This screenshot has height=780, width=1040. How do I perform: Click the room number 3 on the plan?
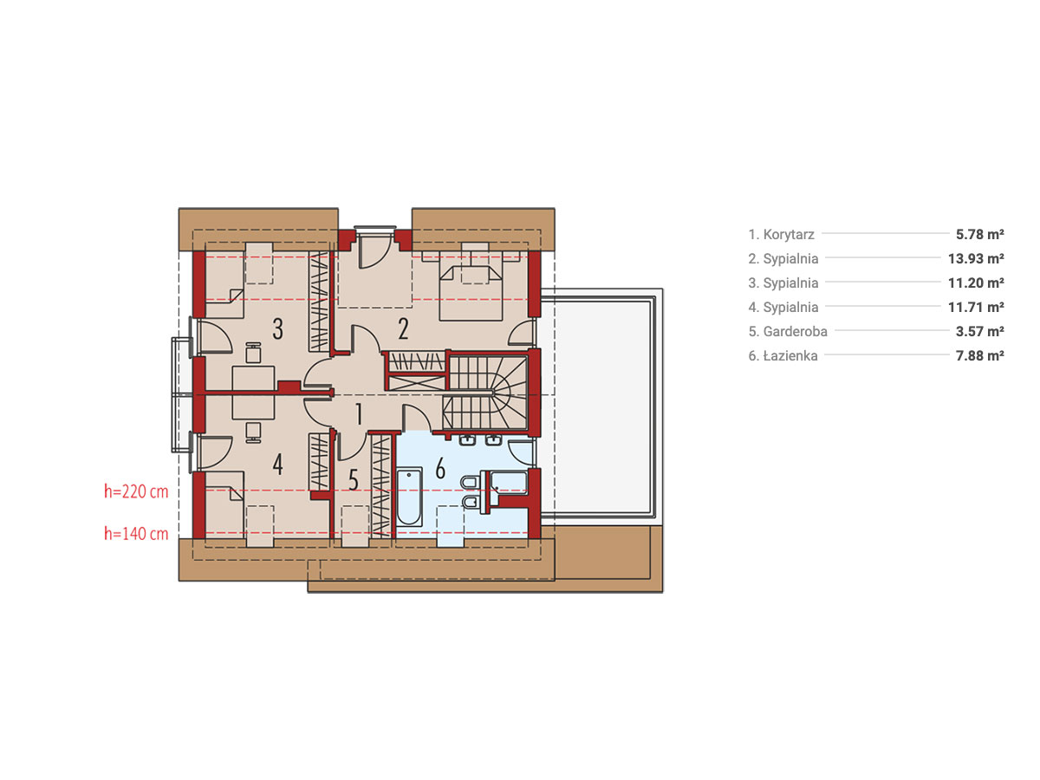tap(277, 328)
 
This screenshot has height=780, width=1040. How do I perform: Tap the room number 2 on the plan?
tap(403, 328)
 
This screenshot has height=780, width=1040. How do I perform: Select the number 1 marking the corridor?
tap(359, 414)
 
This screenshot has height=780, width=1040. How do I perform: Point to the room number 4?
tap(277, 465)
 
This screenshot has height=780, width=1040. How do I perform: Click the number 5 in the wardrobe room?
tap(353, 480)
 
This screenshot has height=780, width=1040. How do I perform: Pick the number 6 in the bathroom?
tap(440, 468)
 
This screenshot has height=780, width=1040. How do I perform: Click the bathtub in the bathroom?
tap(409, 497)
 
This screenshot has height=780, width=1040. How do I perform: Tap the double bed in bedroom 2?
tap(471, 293)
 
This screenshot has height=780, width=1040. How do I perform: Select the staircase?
tap(485, 393)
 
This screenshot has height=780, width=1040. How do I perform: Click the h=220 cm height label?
tap(136, 491)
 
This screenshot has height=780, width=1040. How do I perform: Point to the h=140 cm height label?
tap(136, 534)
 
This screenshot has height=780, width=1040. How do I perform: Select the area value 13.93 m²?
tap(976, 258)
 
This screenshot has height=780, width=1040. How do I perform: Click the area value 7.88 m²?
tap(979, 355)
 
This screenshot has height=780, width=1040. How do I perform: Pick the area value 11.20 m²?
tap(976, 283)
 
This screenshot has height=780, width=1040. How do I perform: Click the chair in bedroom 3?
tap(253, 353)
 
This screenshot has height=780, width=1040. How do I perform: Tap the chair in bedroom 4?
tap(253, 432)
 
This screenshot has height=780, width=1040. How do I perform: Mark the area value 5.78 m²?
tap(979, 234)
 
